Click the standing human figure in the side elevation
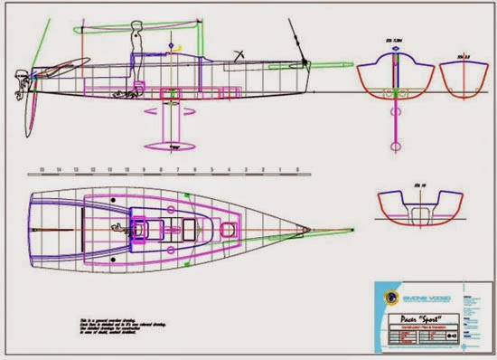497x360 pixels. pos(138,45)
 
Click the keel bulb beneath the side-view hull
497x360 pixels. pos(173,146)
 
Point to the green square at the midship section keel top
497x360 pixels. pos(395,93)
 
